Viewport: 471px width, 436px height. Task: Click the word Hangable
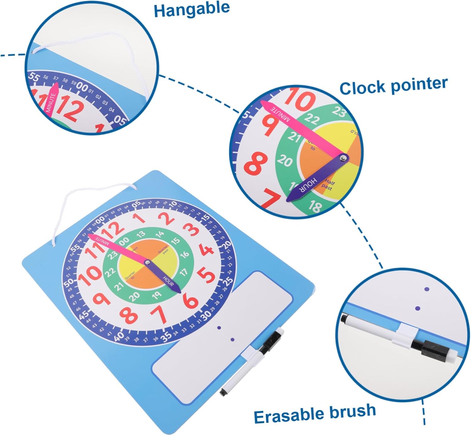click(192, 9)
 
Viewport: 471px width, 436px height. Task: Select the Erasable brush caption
click(315, 413)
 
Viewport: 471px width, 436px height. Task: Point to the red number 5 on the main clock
click(207, 275)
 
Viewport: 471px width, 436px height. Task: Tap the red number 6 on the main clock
click(190, 300)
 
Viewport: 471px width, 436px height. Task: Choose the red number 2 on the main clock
click(166, 218)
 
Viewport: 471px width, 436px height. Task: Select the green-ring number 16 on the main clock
click(184, 254)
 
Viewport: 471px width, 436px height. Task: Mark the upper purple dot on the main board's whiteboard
click(219, 328)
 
